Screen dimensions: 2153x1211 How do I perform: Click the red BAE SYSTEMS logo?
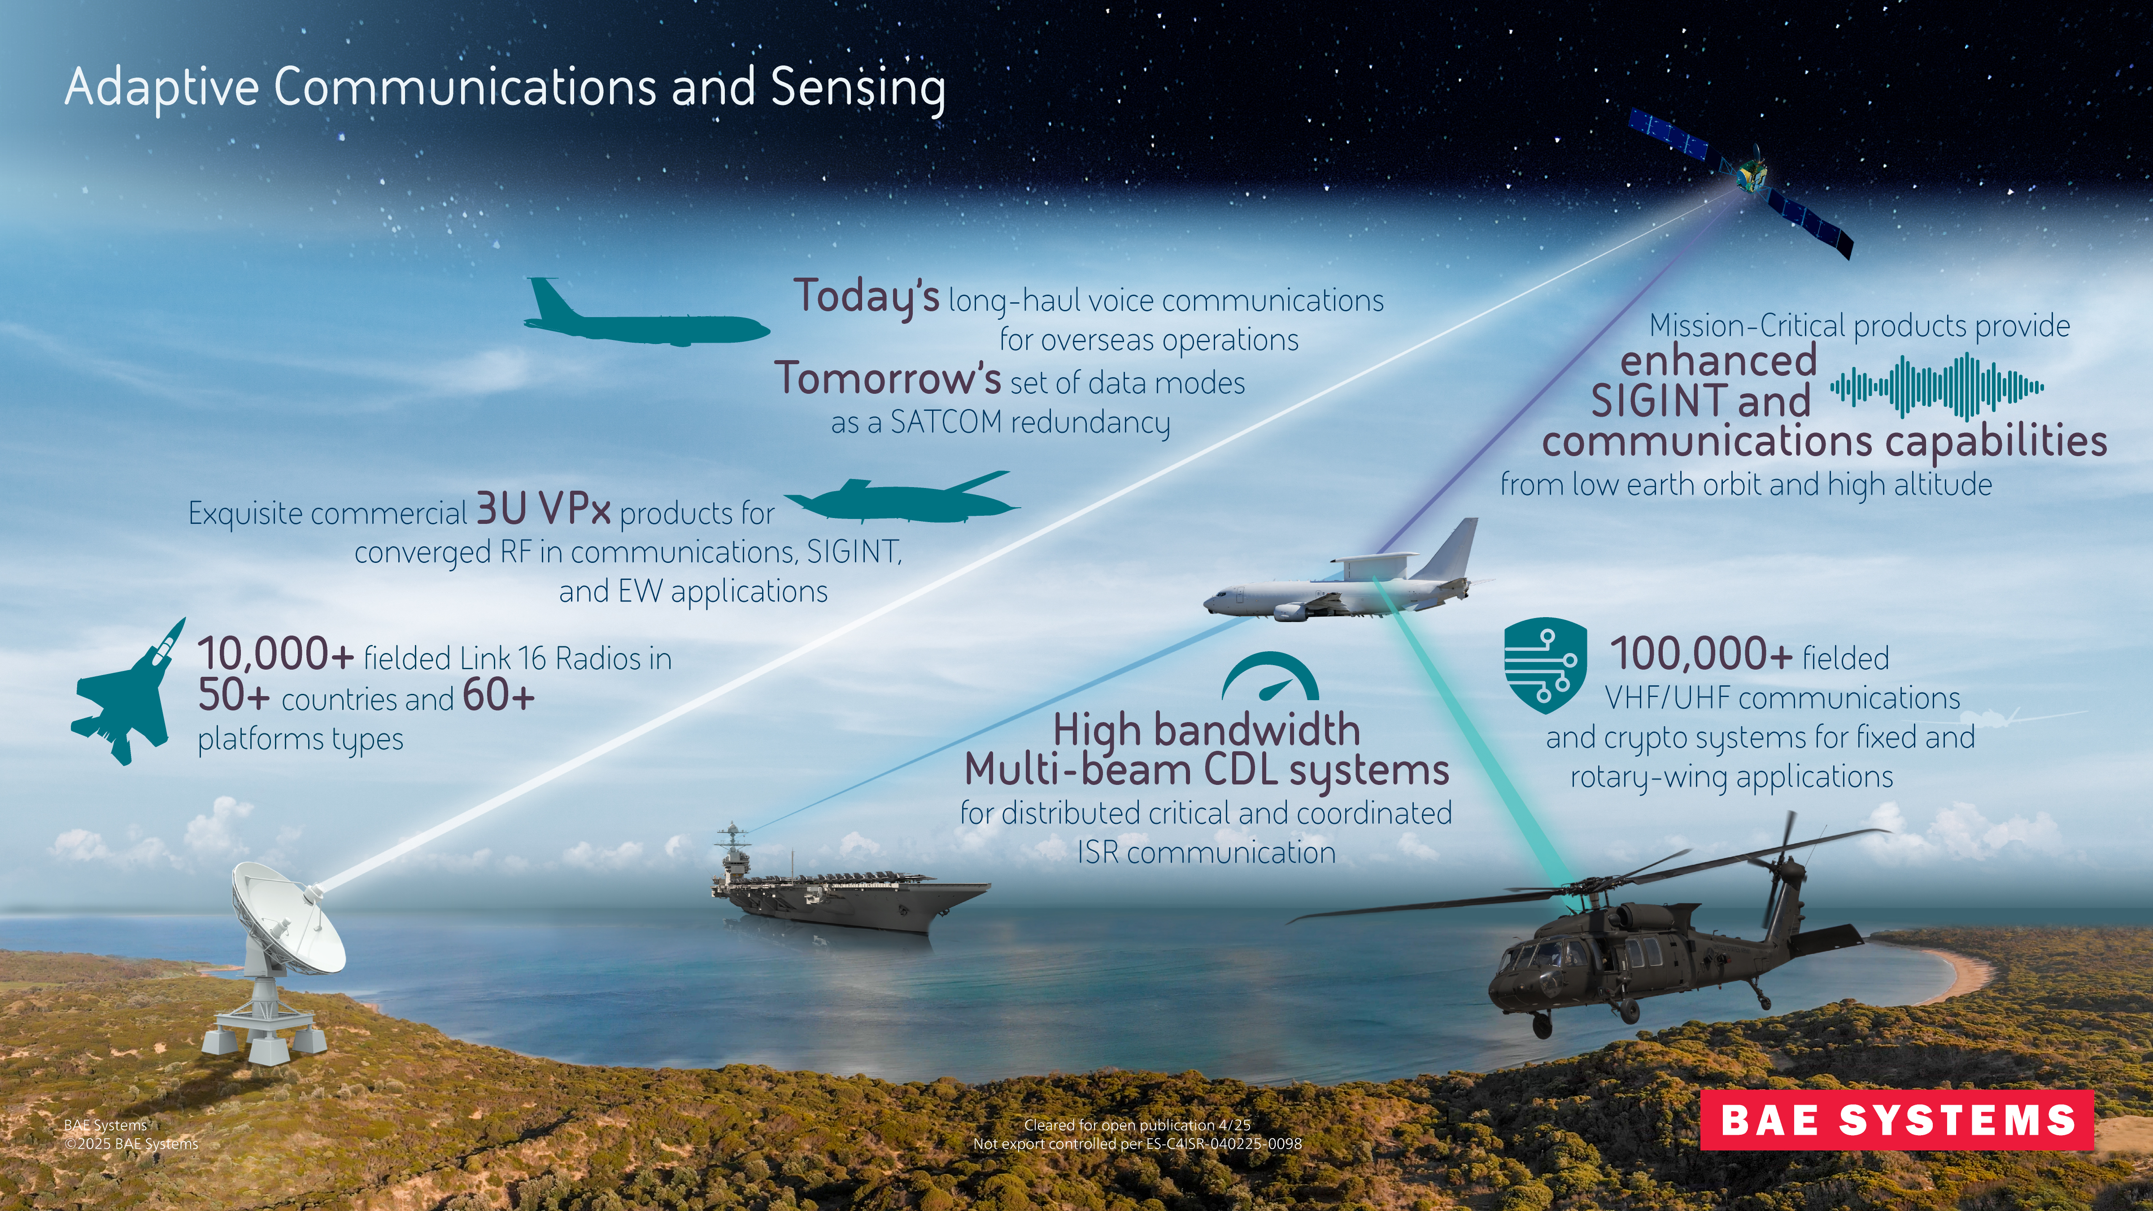point(1896,1120)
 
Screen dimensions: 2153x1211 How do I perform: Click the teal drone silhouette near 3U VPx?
point(902,500)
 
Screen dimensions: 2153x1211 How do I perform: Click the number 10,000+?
point(276,654)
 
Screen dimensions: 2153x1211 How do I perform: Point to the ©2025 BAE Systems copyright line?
point(131,1143)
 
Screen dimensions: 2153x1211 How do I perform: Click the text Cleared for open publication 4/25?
point(1138,1125)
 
